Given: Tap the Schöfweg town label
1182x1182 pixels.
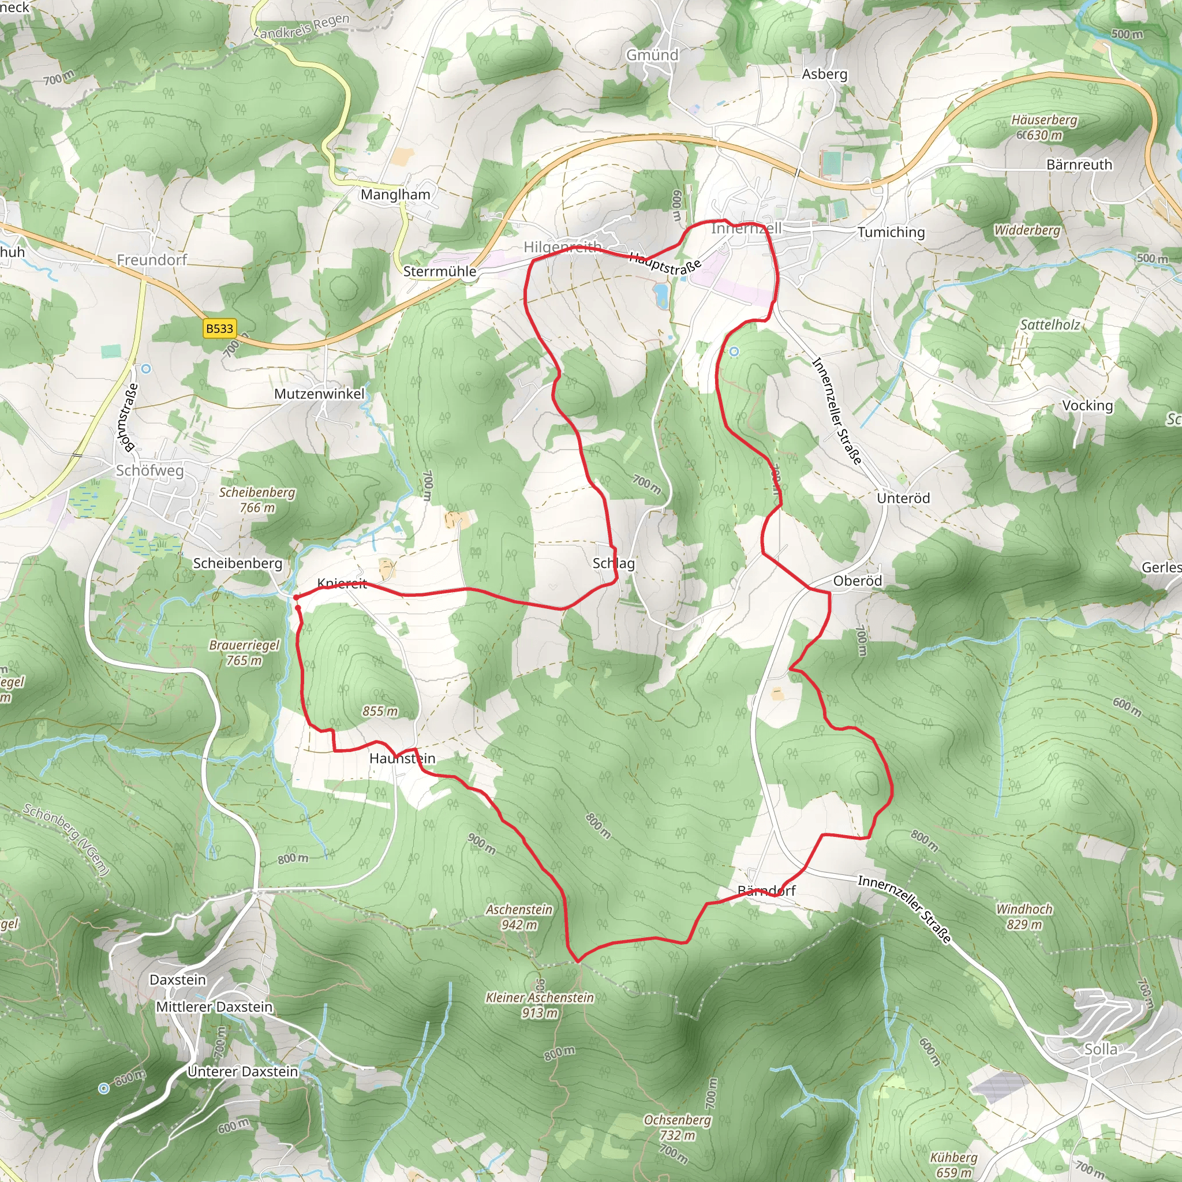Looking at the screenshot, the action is (x=150, y=470).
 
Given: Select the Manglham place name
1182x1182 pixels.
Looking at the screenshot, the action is (x=395, y=194).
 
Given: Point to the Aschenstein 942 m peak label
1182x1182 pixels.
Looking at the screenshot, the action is (x=519, y=917).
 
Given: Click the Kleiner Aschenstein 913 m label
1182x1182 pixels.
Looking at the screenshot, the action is (x=540, y=1005).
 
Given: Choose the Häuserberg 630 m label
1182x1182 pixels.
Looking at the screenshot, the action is (x=1043, y=127).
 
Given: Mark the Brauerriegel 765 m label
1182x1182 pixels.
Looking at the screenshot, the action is (x=244, y=653).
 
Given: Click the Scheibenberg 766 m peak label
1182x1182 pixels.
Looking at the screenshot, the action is (x=257, y=500).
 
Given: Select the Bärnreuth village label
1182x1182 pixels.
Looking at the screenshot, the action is (x=1079, y=164).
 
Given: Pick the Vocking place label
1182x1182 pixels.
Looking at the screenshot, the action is (x=1087, y=406).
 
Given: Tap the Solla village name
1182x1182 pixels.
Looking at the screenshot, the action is (x=1101, y=1049).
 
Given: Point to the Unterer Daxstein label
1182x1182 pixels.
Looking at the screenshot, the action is (x=243, y=1071).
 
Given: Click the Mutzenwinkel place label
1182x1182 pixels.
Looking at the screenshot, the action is (x=319, y=394).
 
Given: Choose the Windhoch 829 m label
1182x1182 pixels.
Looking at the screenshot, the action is (x=1024, y=917).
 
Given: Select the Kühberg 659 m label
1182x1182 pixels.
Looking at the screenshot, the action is (x=953, y=1165).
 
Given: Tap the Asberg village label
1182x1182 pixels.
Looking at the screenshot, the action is (x=825, y=74).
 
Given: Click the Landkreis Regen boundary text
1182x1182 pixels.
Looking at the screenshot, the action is (x=304, y=27).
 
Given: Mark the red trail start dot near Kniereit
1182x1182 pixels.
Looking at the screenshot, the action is (x=296, y=597).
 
